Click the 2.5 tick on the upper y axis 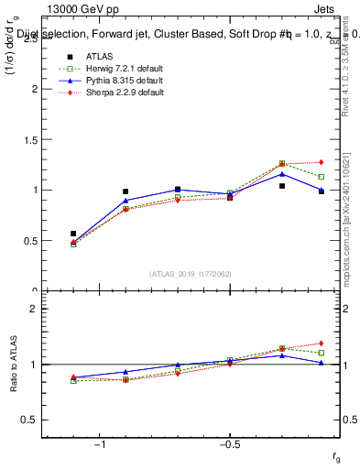pos(30,39)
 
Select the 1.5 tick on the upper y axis pos(30,140)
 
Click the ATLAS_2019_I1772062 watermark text pos(191,274)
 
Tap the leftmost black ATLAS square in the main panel pos(73,234)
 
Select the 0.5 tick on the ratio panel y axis pos(29,420)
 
